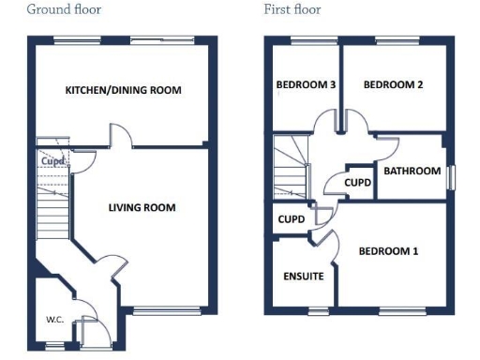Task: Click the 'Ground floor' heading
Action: click(64, 10)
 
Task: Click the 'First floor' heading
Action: click(292, 10)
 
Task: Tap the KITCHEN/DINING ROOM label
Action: click(123, 91)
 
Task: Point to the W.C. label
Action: click(54, 319)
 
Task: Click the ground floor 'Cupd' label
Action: click(53, 161)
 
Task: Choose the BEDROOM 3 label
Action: click(306, 85)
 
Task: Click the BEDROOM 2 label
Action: click(393, 85)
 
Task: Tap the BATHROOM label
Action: click(411, 172)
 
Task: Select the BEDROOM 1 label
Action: click(389, 251)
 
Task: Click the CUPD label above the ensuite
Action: click(292, 219)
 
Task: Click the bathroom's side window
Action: click(450, 177)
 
